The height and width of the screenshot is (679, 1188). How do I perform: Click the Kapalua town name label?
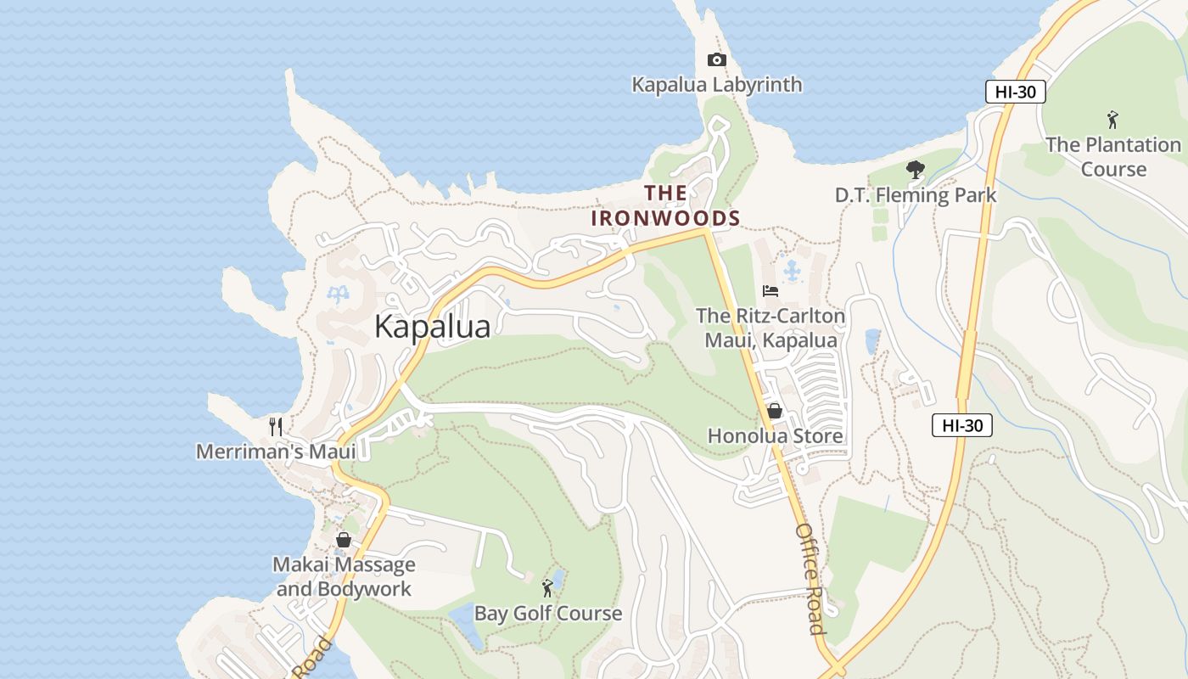(x=432, y=327)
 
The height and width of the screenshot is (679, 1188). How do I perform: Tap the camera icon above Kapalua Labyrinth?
(x=717, y=59)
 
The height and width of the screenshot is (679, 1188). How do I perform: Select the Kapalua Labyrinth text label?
(x=717, y=85)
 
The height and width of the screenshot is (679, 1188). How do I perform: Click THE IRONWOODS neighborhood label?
(x=666, y=205)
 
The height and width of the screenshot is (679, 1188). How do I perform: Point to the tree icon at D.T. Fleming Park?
(x=915, y=170)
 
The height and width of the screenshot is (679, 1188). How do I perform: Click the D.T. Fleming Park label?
(x=916, y=195)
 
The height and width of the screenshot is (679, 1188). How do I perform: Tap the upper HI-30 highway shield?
(x=1015, y=92)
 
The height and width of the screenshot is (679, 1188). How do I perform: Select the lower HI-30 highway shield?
(x=961, y=425)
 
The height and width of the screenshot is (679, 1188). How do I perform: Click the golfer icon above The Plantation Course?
(x=1112, y=120)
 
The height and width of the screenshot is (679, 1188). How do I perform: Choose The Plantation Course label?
(x=1113, y=157)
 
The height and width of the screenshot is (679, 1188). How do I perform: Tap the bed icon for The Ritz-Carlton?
(x=771, y=291)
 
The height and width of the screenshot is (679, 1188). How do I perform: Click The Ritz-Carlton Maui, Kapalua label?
(x=771, y=328)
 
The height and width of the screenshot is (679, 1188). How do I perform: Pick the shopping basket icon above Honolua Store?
(x=775, y=412)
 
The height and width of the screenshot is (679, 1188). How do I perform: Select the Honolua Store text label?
(x=776, y=436)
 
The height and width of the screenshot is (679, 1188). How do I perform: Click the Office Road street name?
(x=810, y=578)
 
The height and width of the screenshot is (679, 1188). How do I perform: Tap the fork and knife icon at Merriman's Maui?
(x=275, y=426)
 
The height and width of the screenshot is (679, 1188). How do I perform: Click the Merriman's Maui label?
(x=276, y=452)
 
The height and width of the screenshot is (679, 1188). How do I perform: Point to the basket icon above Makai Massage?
(x=344, y=540)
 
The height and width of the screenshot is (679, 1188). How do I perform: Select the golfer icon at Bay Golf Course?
(x=548, y=587)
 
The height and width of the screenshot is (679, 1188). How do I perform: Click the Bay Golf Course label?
(x=548, y=613)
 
